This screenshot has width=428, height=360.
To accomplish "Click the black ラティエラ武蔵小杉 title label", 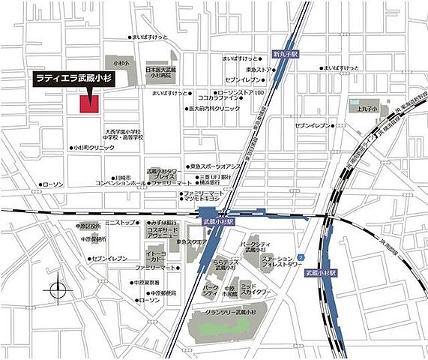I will coord(73,77).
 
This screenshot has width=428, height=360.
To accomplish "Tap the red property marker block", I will coord(91,104).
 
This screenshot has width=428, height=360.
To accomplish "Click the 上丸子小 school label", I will coord(367,109).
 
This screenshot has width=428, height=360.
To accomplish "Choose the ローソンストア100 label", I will coord(241,91).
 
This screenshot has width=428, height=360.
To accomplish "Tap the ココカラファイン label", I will coord(219,97).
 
